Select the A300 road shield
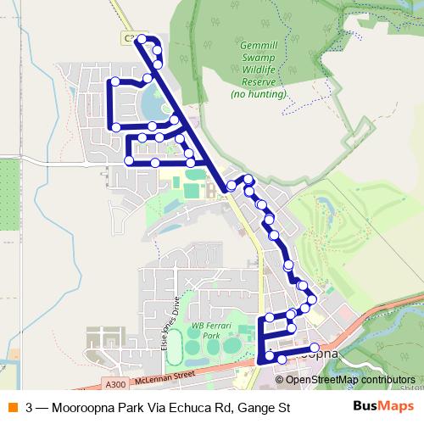[x=104, y=382]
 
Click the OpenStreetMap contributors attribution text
[x=350, y=380]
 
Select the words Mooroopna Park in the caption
[x=92, y=408]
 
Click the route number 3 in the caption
[x=30, y=408]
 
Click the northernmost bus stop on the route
[x=142, y=39]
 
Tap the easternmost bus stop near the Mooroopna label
[x=315, y=348]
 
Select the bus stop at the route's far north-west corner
[x=114, y=82]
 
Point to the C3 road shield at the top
[x=130, y=38]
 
